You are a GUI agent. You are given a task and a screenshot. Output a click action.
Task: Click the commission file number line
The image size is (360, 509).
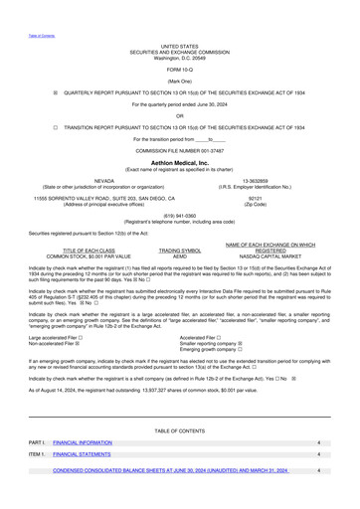click(x=179, y=149)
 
